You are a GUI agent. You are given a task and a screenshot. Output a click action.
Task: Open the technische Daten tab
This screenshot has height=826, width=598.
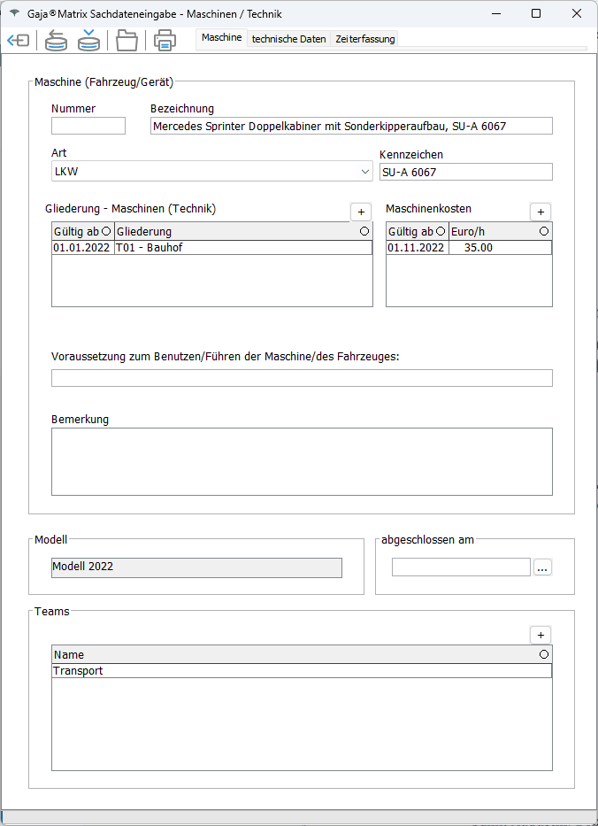[288, 39]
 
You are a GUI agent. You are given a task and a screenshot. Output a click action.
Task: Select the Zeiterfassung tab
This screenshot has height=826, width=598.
[365, 39]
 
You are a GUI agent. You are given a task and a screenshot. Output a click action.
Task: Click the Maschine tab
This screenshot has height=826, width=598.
[221, 38]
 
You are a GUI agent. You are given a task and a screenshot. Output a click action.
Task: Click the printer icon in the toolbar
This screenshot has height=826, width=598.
[165, 40]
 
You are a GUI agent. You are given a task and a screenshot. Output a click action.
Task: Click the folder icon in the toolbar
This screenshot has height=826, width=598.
[127, 40]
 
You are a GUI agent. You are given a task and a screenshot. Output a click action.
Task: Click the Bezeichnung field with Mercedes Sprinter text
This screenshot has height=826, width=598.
[351, 126]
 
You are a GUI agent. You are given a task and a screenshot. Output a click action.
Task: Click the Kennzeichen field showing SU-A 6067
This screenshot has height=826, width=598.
[465, 172]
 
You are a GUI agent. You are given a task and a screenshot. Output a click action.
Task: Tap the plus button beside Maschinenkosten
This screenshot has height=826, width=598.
[540, 212]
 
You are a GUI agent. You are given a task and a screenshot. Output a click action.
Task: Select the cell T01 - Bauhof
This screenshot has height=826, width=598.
[242, 248]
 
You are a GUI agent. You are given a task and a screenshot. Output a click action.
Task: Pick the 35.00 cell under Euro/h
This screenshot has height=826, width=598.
[500, 248]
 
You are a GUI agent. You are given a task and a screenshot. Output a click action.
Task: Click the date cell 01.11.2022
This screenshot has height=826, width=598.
[417, 248]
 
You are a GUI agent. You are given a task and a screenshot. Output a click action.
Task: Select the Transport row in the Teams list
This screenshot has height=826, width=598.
[301, 671]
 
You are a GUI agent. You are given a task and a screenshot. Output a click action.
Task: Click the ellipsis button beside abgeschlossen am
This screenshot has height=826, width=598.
[542, 567]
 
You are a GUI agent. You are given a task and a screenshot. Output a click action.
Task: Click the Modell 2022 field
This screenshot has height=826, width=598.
[196, 567]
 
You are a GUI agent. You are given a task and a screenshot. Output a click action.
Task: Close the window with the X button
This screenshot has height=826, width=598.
[577, 13]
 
